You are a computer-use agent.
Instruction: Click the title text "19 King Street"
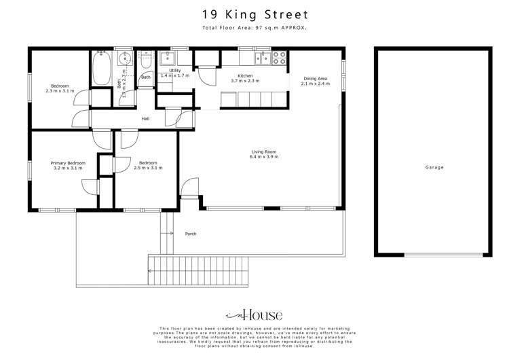click(254, 14)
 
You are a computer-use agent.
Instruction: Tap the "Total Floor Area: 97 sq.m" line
click(254, 28)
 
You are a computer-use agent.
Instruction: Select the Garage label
click(434, 167)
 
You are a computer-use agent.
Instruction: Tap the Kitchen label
click(245, 75)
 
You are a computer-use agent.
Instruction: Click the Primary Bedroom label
click(67, 163)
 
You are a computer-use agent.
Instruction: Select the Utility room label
click(175, 70)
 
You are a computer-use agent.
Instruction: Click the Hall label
click(145, 119)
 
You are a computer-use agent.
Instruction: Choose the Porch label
click(191, 234)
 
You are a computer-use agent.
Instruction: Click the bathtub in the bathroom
click(102, 69)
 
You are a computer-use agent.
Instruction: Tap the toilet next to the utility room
click(145, 62)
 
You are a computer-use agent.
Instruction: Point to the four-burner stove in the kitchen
click(279, 58)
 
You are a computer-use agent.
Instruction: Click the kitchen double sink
click(261, 58)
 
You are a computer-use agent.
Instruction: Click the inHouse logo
click(254, 314)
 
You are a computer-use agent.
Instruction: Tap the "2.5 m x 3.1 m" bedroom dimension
click(148, 168)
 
